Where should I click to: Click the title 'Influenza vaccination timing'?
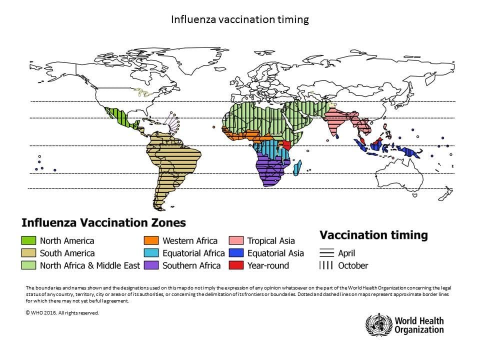(240, 19)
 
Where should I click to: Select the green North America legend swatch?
(28, 241)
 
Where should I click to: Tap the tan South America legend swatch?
(28, 253)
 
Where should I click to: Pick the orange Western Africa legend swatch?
(151, 241)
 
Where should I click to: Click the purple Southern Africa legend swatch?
(151, 265)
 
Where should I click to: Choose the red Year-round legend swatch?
(236, 265)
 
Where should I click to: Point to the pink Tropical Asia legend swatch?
(236, 241)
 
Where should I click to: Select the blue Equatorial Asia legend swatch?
(236, 253)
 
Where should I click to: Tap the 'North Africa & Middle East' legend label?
(90, 265)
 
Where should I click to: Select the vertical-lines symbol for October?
(326, 265)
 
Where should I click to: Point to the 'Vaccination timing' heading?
(373, 235)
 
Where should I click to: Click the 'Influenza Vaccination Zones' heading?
(103, 222)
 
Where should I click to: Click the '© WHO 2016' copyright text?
(62, 313)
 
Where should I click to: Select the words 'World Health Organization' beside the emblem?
(419, 324)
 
